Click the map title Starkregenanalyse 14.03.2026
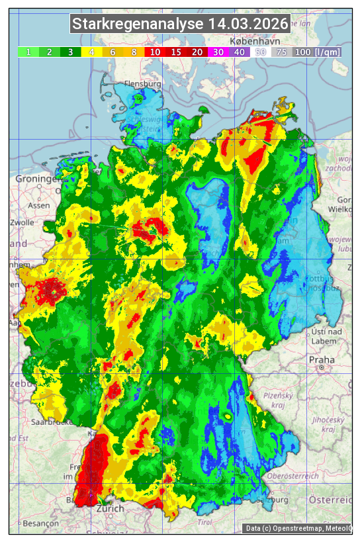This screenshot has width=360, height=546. coord(180,24)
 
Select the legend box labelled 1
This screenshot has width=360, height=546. coord(28,52)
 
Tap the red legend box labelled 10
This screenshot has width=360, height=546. coord(155,52)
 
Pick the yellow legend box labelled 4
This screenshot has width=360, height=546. coord(92,52)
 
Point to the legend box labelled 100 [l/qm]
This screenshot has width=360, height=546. coord(317,52)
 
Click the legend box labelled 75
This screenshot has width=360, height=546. coord(281,52)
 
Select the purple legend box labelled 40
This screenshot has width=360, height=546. coord(239,52)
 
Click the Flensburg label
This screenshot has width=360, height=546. coord(143,85)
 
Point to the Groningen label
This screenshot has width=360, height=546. coord(36,179)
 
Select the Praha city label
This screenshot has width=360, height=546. coord(321,360)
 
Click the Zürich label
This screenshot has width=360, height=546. coord(109,508)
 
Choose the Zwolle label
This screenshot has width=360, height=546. coord(22,222)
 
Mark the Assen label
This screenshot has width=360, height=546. coord(39,205)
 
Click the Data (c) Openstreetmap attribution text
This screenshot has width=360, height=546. coord(297,528)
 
